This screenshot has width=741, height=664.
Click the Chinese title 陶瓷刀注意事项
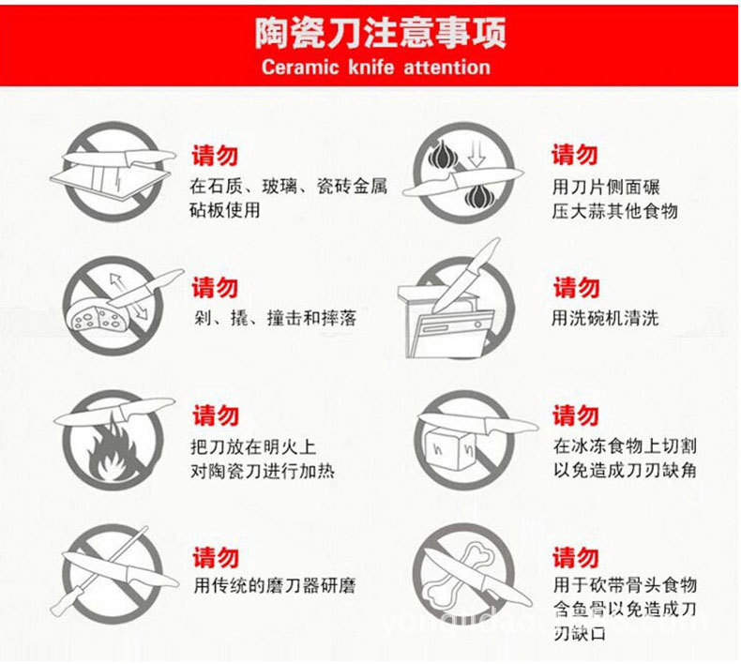click(x=381, y=32)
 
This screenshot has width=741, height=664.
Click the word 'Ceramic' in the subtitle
click(x=300, y=68)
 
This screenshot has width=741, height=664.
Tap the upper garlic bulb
click(x=443, y=154)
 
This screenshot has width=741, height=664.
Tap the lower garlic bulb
click(x=478, y=197)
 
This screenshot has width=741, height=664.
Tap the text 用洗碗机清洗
click(x=605, y=318)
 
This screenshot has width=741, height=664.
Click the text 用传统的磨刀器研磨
click(x=274, y=586)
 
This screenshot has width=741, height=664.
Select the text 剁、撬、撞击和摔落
click(x=275, y=318)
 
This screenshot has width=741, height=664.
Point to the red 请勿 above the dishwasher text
click(x=576, y=287)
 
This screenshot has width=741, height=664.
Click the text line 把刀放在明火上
click(x=253, y=446)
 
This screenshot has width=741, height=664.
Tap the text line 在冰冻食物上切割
click(x=625, y=445)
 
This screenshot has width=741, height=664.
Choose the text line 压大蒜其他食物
click(x=614, y=211)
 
